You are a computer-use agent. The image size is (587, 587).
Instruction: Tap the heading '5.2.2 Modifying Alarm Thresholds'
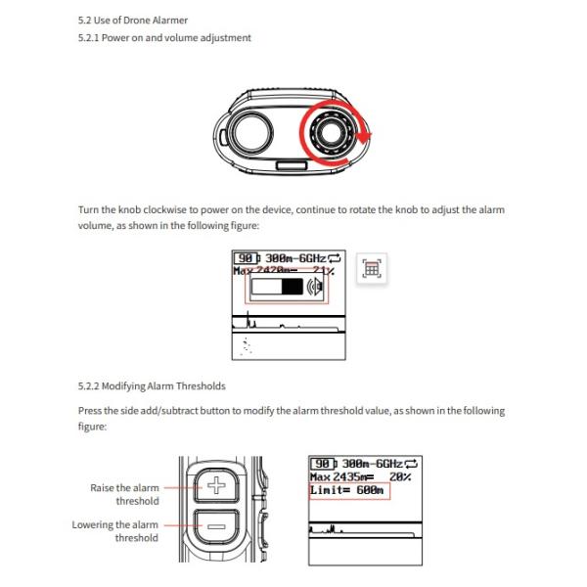pyautogui.click(x=151, y=387)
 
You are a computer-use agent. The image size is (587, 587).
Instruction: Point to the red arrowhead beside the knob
pyautogui.click(x=365, y=136)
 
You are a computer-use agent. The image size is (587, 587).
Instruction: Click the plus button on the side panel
pyautogui.click(x=217, y=485)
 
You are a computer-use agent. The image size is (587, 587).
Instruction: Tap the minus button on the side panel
pyautogui.click(x=217, y=526)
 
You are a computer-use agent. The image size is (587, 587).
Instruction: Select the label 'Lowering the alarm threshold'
pyautogui.click(x=114, y=531)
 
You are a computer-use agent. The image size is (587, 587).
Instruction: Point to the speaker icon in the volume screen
pyautogui.click(x=315, y=287)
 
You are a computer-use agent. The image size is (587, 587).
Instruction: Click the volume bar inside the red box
pyautogui.click(x=278, y=287)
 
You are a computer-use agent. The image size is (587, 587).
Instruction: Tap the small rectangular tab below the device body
pyautogui.click(x=290, y=167)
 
